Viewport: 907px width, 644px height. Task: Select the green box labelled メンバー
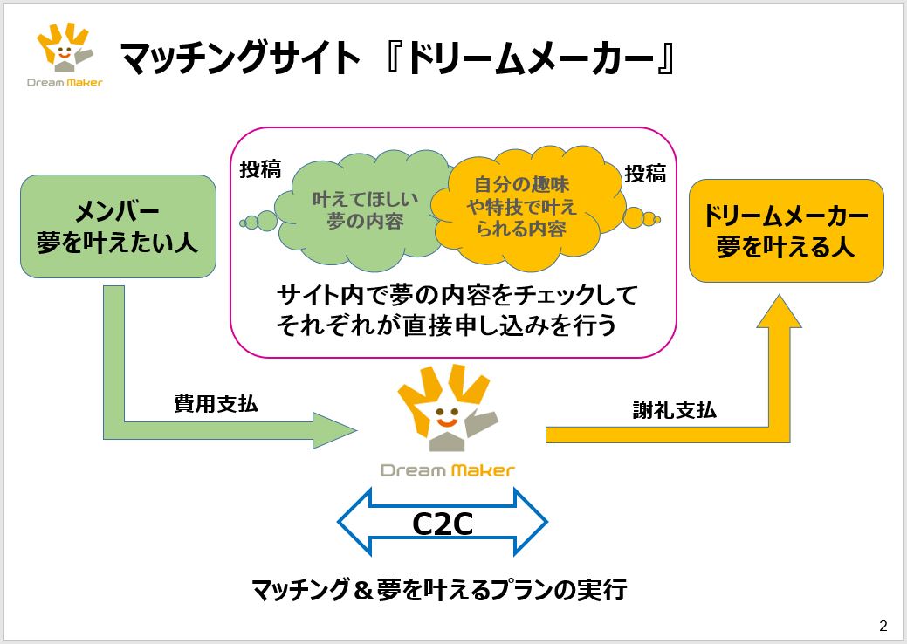(117, 226)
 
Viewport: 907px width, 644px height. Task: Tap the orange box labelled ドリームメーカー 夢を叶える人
(786, 230)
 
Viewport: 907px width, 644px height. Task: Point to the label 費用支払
(216, 404)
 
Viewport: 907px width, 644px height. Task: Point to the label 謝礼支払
(674, 409)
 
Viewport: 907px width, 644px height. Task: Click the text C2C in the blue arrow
(443, 524)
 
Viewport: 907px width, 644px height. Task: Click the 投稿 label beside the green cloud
(260, 170)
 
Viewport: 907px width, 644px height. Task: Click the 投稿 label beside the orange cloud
(644, 174)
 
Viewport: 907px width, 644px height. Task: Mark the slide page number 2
(883, 626)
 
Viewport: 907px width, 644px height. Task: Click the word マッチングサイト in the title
(239, 59)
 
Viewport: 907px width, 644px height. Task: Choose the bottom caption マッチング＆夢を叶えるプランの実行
(439, 590)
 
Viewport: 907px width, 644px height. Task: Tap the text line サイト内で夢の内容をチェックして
(457, 294)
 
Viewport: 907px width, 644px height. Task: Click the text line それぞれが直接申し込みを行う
(446, 325)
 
